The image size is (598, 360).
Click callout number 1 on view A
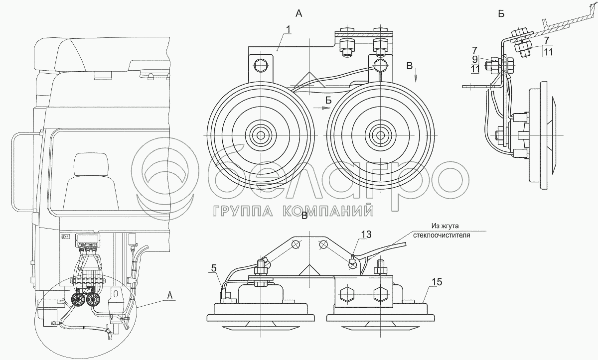pos(288,29)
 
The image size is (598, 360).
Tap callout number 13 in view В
pos(366,235)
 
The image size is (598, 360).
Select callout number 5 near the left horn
pos(214,268)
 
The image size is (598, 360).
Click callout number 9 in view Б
pos(475,59)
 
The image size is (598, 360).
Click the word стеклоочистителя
pos(442,236)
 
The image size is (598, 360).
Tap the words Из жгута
pos(445,226)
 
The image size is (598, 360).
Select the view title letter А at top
pos(299,13)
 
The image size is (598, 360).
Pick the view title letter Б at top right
pos(501,13)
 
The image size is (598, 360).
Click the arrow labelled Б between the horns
pos(322,108)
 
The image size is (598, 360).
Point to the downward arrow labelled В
pos(416,76)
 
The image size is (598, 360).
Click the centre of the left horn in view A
pos(261,135)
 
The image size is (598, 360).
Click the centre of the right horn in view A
pos(380,135)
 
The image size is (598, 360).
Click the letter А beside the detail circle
pos(170,295)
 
